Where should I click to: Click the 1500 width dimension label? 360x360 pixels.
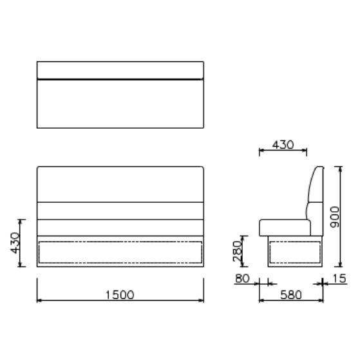120,294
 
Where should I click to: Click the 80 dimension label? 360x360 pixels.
243,278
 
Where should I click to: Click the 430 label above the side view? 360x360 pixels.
282,145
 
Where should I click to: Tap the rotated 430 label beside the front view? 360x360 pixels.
15,243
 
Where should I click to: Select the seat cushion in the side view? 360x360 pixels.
283,227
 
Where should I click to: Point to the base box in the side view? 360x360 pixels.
294,252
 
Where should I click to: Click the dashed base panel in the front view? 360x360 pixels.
120,252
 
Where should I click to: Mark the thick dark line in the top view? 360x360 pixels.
120,79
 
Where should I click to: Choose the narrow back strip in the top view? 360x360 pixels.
120,70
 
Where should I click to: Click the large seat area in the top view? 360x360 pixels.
120,103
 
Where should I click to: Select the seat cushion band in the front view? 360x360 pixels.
120,227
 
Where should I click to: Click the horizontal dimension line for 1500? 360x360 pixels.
77,300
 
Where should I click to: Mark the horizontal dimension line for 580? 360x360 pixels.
270,300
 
